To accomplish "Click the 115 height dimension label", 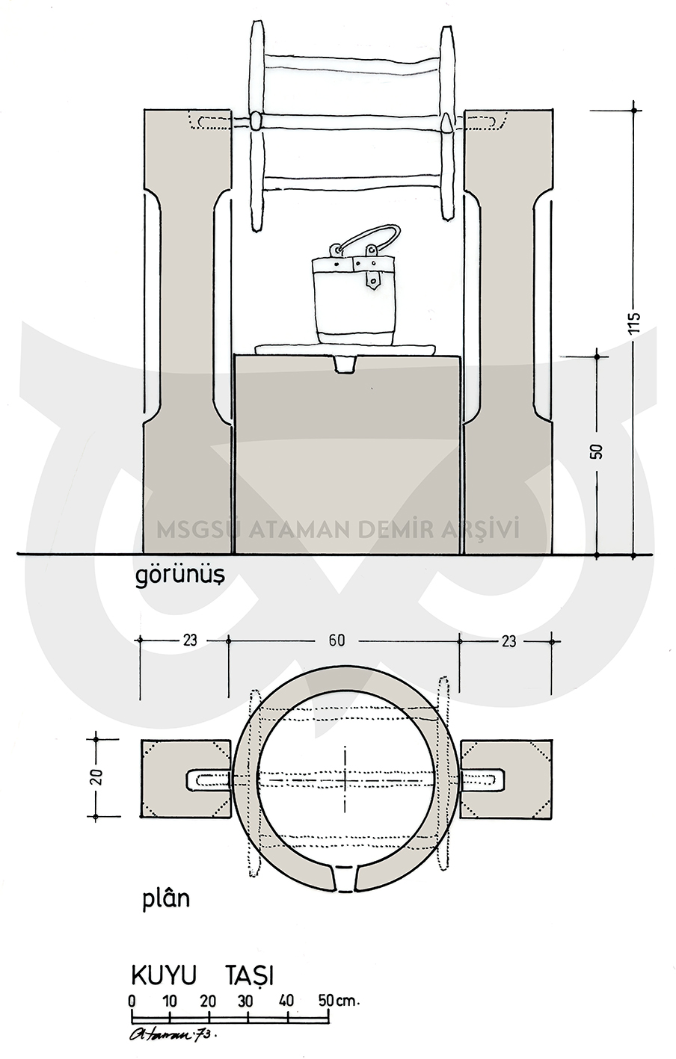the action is click(x=635, y=323).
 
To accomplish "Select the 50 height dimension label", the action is click(x=597, y=451).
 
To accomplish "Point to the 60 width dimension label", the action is click(x=336, y=640).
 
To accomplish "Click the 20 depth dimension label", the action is click(x=97, y=778).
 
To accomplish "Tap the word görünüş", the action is click(x=179, y=576).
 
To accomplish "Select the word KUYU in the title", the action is click(x=163, y=963).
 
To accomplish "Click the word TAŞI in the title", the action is click(x=249, y=963).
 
